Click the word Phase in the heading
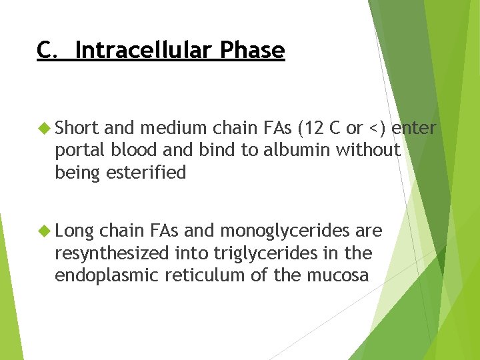coord(253,50)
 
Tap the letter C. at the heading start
coord(47,50)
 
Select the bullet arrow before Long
coord(45,231)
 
